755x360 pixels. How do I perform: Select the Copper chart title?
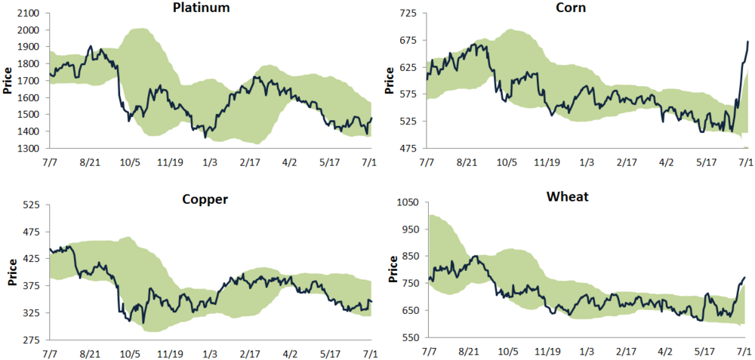[205, 199]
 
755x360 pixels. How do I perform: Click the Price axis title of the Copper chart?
[10, 272]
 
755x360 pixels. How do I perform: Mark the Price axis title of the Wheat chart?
[393, 269]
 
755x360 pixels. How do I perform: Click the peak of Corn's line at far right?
[747, 42]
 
